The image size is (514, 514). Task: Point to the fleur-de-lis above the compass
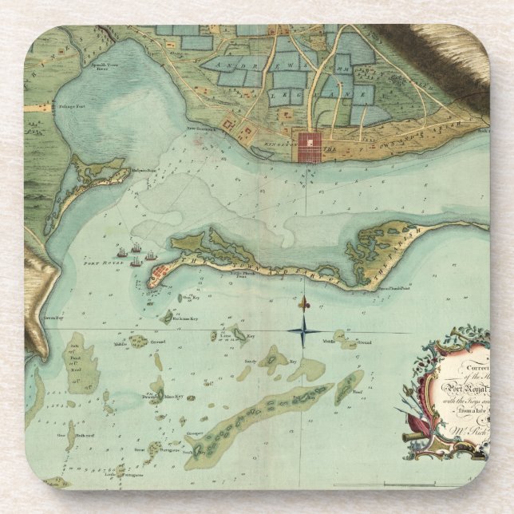[303, 305]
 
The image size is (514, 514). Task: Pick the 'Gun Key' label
[190, 298]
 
